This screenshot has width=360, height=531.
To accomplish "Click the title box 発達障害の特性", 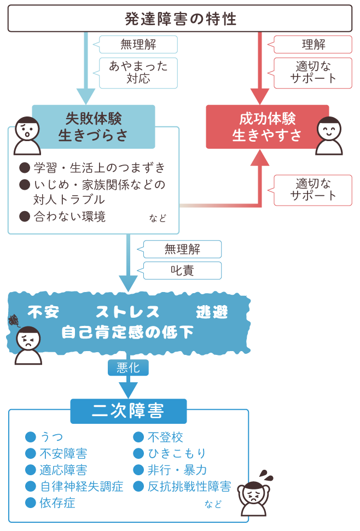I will [x=180, y=19].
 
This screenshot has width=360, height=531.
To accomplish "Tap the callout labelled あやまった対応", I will [x=138, y=73].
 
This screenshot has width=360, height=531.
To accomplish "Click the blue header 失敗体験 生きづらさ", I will [x=94, y=127].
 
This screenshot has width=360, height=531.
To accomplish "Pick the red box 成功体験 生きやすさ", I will [x=267, y=127].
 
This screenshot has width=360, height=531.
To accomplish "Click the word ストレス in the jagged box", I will [x=127, y=312].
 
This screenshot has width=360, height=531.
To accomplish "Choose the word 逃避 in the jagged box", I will [x=212, y=312].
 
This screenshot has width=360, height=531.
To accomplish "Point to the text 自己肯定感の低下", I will [x=127, y=332].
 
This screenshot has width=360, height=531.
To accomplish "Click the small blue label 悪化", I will [x=128, y=367].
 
